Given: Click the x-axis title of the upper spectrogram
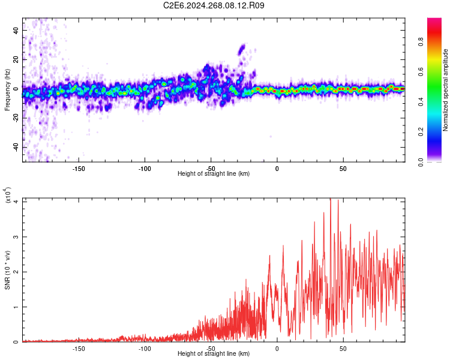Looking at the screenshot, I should [214, 173].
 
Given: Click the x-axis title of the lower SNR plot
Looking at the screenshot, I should [214, 353].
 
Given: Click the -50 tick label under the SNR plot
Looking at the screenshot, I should [211, 347].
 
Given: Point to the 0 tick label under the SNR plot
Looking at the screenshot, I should [277, 347].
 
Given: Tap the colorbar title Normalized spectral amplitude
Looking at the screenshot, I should [446, 90].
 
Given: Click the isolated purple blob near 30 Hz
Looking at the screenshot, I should [242, 49].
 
